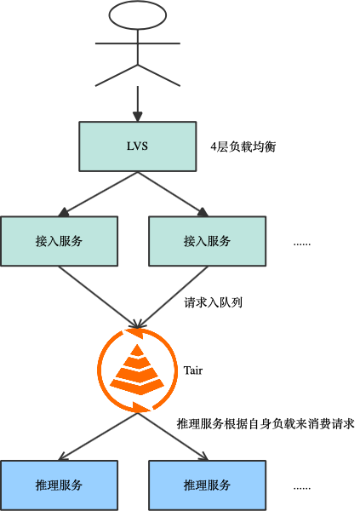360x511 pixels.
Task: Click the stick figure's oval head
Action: pos(138,14)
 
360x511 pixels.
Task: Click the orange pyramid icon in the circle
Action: pos(138,370)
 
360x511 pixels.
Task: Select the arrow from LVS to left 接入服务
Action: pos(98,193)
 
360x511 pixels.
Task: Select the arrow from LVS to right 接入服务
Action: pos(174,192)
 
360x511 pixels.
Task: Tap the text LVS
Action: pos(138,146)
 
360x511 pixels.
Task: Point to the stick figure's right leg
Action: pos(159,75)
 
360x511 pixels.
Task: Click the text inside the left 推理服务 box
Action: pos(59,485)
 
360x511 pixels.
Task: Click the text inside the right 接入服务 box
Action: pos(207,241)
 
